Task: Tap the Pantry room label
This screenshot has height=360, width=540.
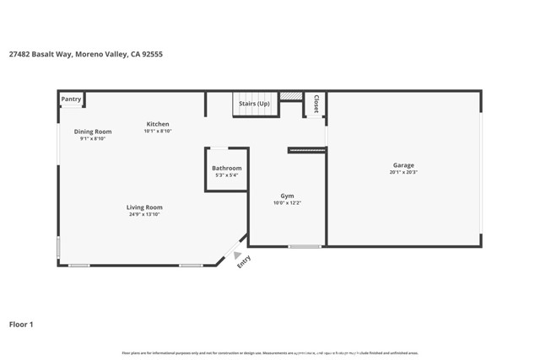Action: click(72, 99)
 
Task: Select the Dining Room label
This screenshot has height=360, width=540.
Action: click(93, 132)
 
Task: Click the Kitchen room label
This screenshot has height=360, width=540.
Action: click(157, 124)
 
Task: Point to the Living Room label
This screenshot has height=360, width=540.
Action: click(144, 207)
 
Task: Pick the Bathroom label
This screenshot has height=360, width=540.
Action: click(226, 168)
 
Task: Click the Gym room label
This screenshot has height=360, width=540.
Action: click(287, 196)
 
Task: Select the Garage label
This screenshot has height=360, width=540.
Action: click(403, 165)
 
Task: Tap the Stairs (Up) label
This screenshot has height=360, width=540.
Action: click(254, 104)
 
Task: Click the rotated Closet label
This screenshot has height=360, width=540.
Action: click(316, 104)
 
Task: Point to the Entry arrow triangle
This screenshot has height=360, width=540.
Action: click(238, 255)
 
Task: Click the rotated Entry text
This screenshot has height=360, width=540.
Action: click(244, 262)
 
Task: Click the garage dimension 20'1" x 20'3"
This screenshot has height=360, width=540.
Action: click(403, 173)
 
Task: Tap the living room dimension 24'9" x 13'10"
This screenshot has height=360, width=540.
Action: click(144, 215)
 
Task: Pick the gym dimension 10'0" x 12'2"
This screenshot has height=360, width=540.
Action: click(287, 203)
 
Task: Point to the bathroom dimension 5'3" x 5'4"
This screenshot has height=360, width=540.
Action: click(226, 175)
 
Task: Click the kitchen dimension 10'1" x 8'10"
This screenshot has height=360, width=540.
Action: click(157, 132)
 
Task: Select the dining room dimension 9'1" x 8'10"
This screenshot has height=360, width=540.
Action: click(93, 139)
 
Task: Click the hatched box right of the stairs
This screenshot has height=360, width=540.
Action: click(291, 96)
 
